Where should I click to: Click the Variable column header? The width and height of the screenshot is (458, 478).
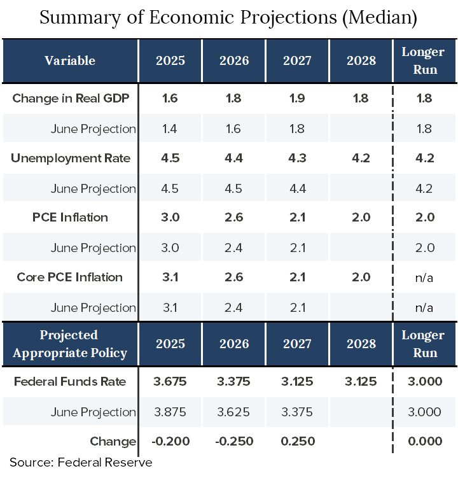(70, 60)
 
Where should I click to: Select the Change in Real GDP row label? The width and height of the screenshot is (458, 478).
(70, 99)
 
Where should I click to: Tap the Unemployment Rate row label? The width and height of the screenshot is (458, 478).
(70, 158)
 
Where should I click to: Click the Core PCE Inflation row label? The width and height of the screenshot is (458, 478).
(69, 277)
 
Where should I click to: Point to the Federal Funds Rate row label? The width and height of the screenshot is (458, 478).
(70, 381)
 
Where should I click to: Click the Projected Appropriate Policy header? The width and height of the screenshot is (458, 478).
(70, 344)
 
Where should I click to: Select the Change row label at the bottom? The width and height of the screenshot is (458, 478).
(113, 441)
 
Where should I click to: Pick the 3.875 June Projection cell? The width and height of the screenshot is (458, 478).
(170, 412)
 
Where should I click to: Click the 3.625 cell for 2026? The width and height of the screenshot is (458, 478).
(234, 412)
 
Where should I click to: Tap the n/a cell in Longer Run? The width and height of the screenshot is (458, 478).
(424, 307)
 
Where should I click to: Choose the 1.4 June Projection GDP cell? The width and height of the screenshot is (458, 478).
(170, 129)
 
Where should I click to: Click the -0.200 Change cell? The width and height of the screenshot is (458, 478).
(170, 441)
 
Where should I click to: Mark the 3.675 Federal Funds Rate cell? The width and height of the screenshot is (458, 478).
(170, 381)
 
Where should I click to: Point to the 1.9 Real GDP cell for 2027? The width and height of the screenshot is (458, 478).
(297, 99)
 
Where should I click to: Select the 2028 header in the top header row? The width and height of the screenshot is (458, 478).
(361, 60)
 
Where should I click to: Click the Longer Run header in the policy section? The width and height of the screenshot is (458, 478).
(424, 344)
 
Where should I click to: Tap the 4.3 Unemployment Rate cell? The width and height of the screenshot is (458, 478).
(297, 158)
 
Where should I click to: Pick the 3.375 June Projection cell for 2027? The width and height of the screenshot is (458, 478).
(297, 412)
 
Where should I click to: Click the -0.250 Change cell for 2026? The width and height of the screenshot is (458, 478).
(234, 441)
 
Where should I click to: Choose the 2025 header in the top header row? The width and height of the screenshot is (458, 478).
(170, 60)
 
